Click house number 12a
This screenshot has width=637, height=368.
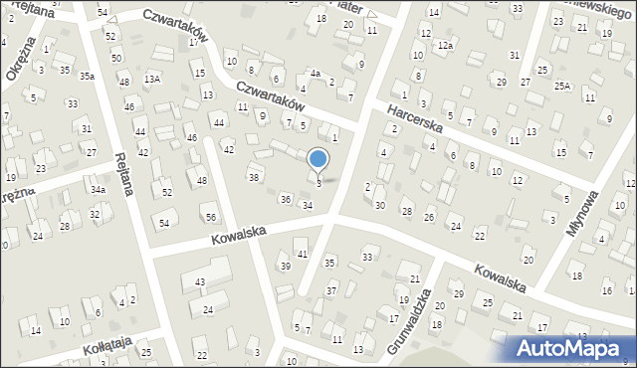(x=446, y=46)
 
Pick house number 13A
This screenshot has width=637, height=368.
(x=151, y=79)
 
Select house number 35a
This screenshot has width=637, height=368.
(x=89, y=76)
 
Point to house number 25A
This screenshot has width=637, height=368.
(x=562, y=87)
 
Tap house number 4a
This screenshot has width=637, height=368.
(x=315, y=74)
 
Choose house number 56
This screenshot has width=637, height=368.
(x=210, y=218)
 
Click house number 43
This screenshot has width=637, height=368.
(x=200, y=282)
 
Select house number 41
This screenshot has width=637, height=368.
(x=303, y=256)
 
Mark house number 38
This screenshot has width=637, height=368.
(x=254, y=177)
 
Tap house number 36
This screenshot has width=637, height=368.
(x=285, y=200)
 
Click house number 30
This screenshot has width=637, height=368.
(x=379, y=205)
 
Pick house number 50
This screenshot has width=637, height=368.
(x=116, y=59)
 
